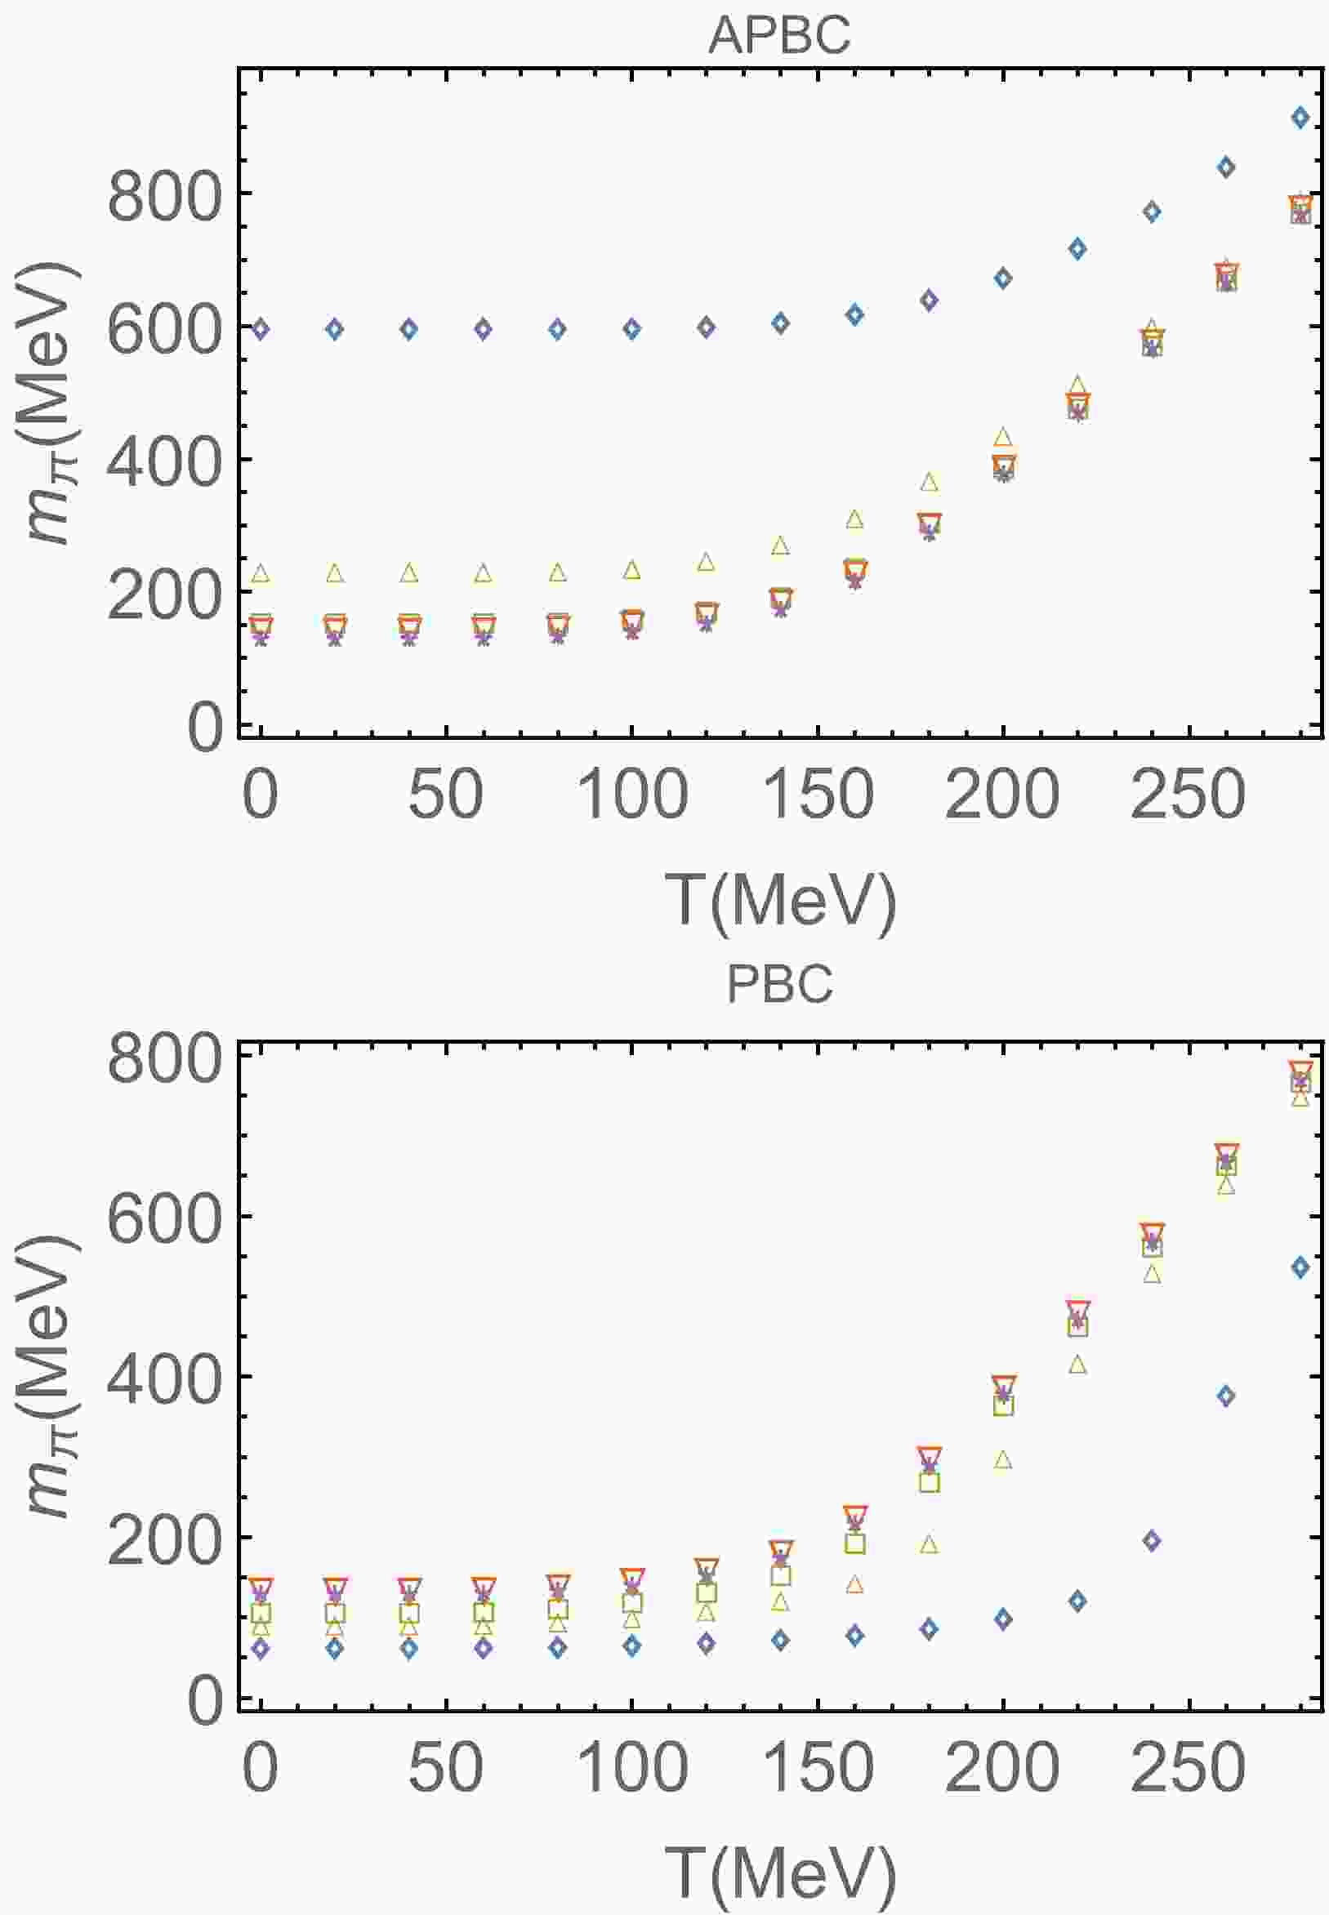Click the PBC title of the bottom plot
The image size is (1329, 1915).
tap(779, 985)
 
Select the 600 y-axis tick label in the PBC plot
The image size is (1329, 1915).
tap(165, 1219)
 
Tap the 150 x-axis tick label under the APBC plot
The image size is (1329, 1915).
tap(818, 795)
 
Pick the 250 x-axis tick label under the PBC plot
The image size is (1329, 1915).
tap(1188, 1768)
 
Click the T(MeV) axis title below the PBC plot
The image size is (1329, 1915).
tap(781, 1873)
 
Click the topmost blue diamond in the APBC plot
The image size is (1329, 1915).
tap(1300, 118)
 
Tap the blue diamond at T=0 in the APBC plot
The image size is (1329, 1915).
tap(261, 329)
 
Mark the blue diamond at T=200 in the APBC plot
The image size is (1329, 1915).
tap(1002, 277)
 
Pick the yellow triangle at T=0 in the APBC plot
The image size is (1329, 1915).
tap(261, 573)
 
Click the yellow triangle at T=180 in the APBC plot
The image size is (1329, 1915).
tap(930, 482)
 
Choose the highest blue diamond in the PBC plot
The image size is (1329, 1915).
tap(1300, 1267)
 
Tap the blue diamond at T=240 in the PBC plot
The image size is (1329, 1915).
tap(1152, 1540)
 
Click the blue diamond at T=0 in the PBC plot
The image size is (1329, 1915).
tap(261, 1648)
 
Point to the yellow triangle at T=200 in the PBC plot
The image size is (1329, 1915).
tap(1002, 1460)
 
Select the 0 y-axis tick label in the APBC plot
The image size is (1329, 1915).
tap(205, 728)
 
